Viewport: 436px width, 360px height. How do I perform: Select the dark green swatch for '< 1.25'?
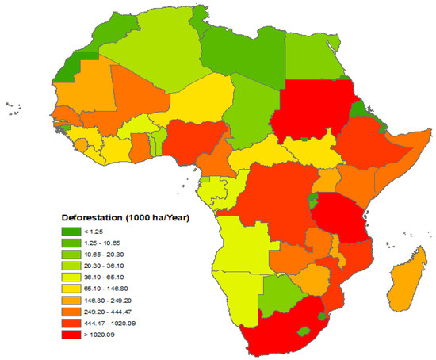(71, 232)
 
